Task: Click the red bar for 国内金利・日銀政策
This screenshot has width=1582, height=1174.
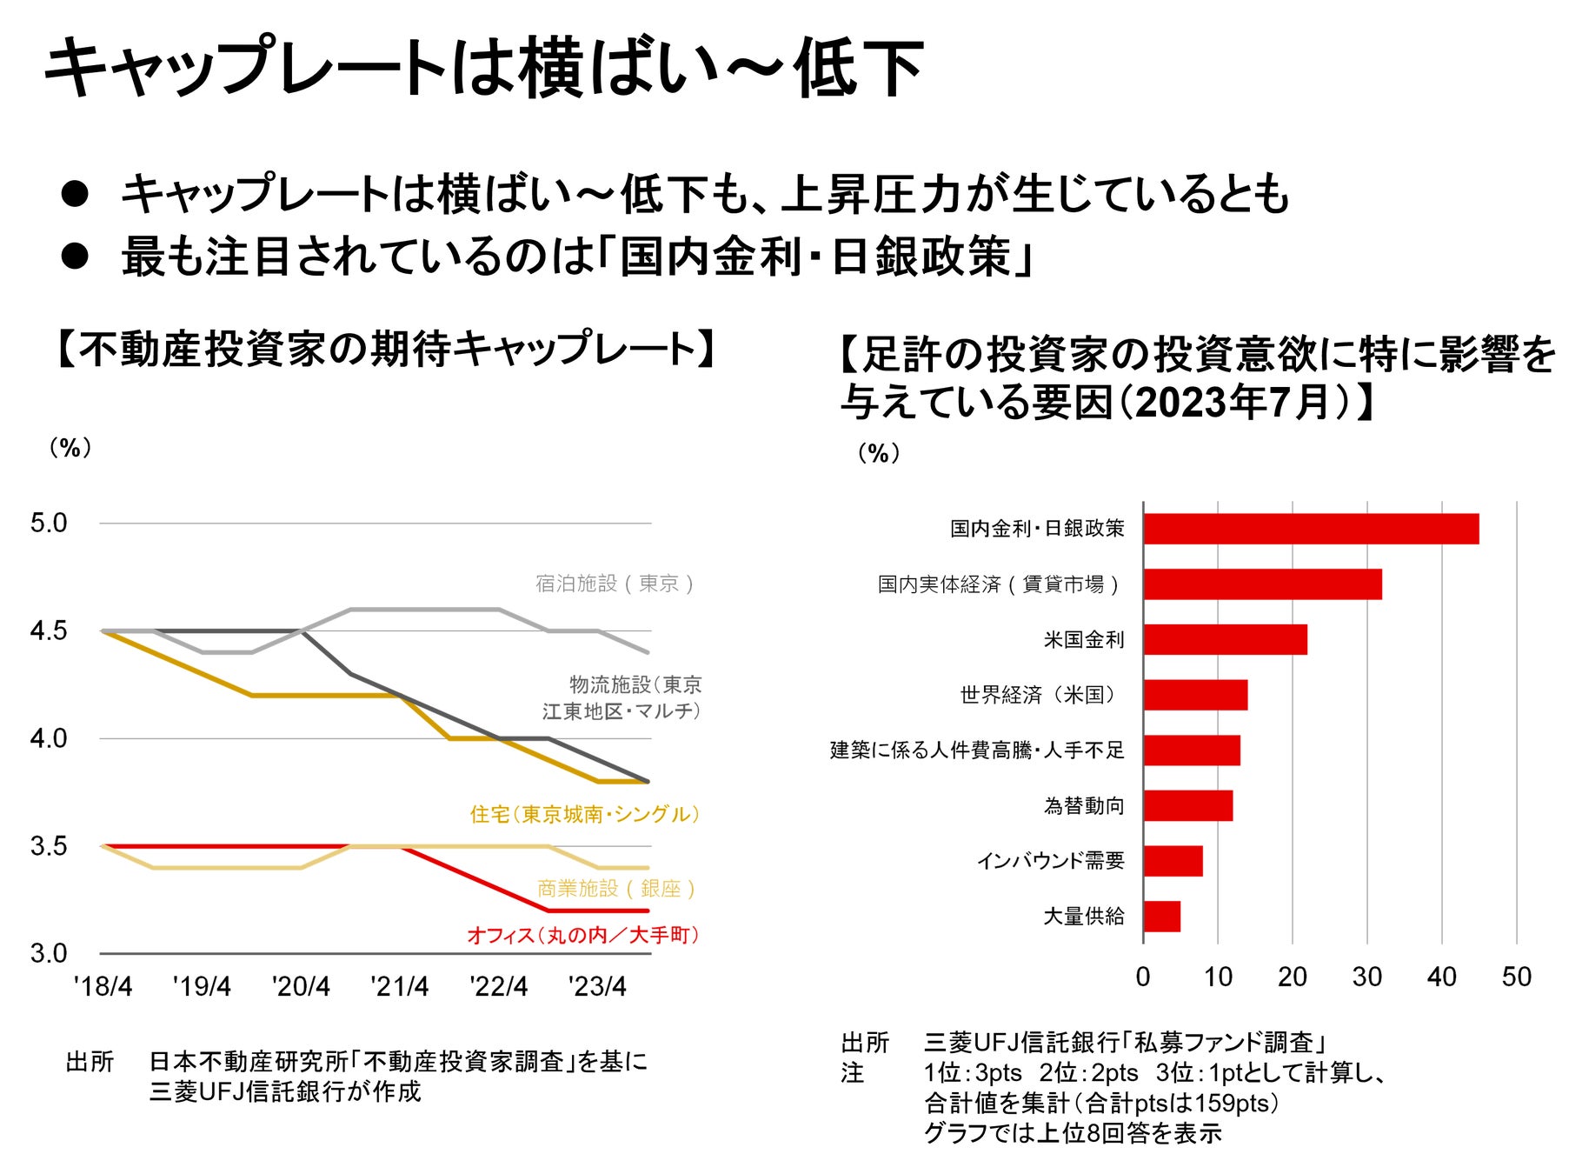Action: coord(1311,529)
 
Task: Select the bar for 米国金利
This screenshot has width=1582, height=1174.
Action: coord(1225,639)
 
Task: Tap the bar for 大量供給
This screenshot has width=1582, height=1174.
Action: coord(1162,917)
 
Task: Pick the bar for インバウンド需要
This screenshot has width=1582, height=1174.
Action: coord(1173,861)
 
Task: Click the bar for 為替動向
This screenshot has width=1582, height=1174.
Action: coord(1187,805)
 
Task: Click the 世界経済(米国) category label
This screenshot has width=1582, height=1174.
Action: coord(1039,695)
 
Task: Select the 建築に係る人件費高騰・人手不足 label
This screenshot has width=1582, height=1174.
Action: coord(977,750)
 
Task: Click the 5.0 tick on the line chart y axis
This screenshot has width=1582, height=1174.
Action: coord(49,524)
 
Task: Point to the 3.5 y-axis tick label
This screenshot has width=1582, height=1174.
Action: coord(49,846)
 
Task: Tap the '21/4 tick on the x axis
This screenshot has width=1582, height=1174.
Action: coord(400,986)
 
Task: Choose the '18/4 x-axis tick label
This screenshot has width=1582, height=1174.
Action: coord(103,986)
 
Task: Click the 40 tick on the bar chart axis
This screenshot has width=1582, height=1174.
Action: coord(1441,977)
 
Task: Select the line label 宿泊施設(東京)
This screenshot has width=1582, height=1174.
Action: coord(615,583)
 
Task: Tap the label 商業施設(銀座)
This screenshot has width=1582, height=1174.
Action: coord(615,888)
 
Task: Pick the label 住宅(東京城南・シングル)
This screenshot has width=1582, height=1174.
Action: coord(584,814)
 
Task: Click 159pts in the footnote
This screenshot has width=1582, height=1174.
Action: coord(1232,1103)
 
